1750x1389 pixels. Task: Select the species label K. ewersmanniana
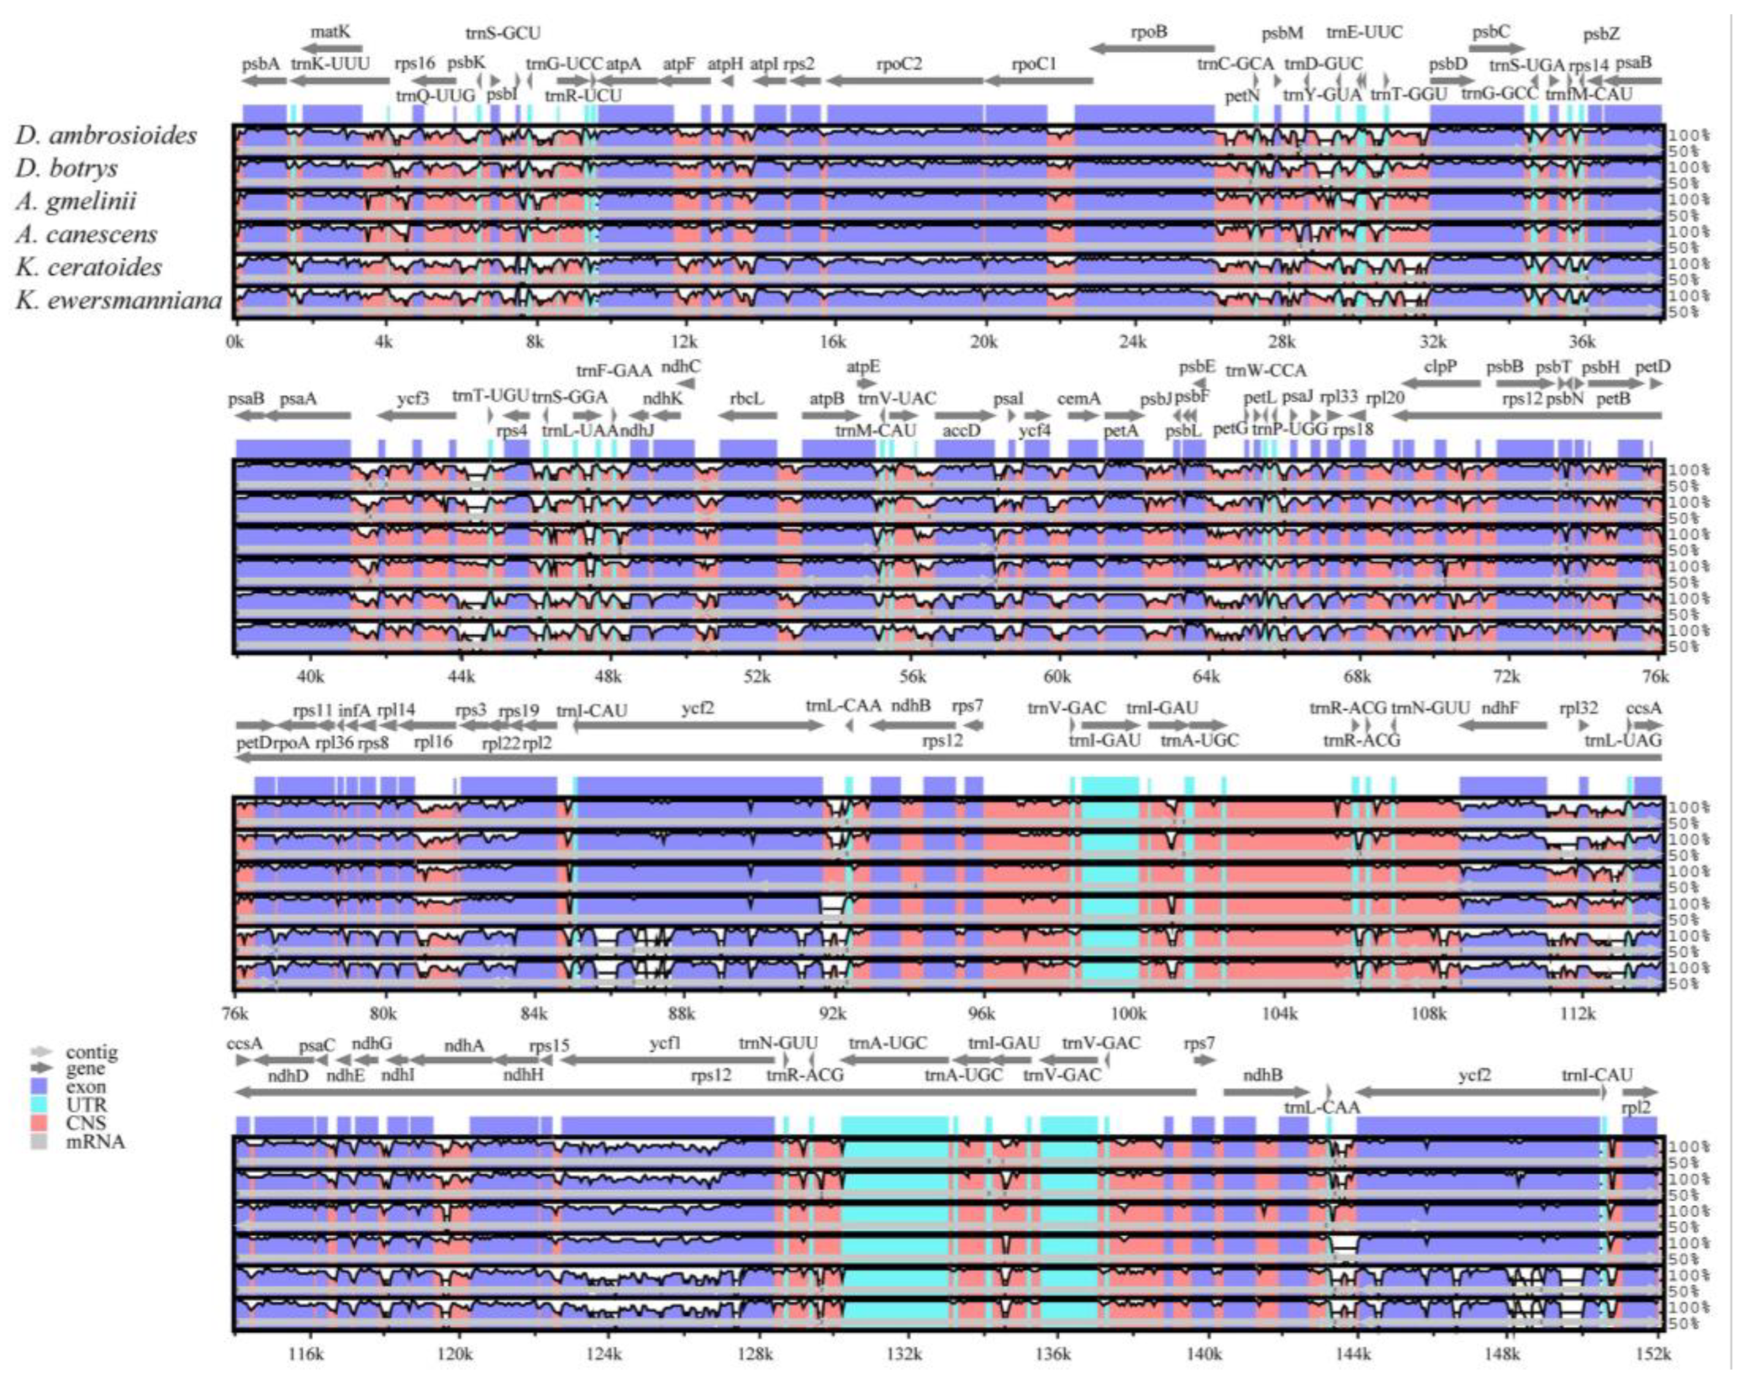tap(118, 301)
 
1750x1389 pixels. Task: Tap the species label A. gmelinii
tap(76, 201)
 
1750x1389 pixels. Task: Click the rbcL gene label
tap(746, 399)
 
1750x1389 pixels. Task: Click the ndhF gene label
tap(1499, 709)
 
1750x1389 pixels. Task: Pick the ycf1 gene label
tap(665, 1044)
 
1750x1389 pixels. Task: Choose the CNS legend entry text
tap(84, 1123)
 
